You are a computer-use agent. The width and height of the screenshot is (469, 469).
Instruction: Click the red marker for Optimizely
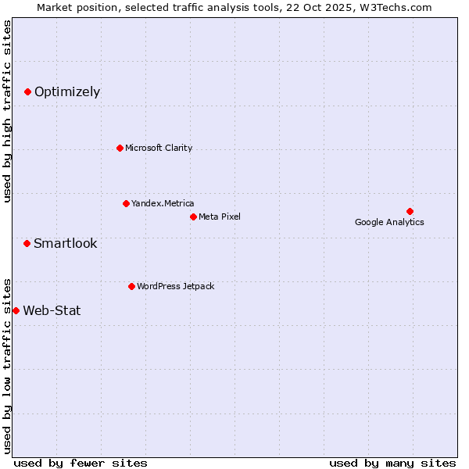[x=27, y=92]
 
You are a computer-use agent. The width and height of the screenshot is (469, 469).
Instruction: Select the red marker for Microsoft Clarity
[x=120, y=148]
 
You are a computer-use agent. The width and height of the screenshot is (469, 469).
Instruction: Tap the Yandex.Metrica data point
[x=126, y=203]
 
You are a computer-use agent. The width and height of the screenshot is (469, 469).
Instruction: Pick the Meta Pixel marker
[x=193, y=217]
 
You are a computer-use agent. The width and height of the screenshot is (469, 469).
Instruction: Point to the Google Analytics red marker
[x=410, y=211]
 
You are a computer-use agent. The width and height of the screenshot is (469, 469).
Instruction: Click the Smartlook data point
[x=27, y=243]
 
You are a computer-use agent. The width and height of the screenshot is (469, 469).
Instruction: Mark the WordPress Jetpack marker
[x=131, y=286]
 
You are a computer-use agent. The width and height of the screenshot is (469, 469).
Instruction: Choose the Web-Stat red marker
[x=16, y=310]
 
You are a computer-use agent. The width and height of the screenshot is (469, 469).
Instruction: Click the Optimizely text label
[x=67, y=92]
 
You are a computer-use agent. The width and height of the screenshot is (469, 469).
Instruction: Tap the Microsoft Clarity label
[x=159, y=148]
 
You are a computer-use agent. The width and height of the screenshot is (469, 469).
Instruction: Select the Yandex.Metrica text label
[x=163, y=203]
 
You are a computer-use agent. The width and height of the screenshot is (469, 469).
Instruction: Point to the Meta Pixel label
[x=220, y=217]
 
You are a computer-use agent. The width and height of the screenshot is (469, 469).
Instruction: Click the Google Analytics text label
[x=389, y=222]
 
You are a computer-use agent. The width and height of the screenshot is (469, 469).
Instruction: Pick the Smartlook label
[x=66, y=243]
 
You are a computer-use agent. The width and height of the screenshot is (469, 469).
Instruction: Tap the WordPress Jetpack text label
[x=175, y=286]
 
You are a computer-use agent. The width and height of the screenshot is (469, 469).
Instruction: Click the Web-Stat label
[x=52, y=310]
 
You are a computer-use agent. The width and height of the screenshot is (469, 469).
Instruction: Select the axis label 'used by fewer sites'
[x=81, y=463]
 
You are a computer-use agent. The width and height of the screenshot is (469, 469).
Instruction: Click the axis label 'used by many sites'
[x=392, y=463]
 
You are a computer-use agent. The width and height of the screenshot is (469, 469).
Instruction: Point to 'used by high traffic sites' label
[x=7, y=111]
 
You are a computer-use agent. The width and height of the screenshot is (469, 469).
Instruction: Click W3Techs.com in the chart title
[x=396, y=7]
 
